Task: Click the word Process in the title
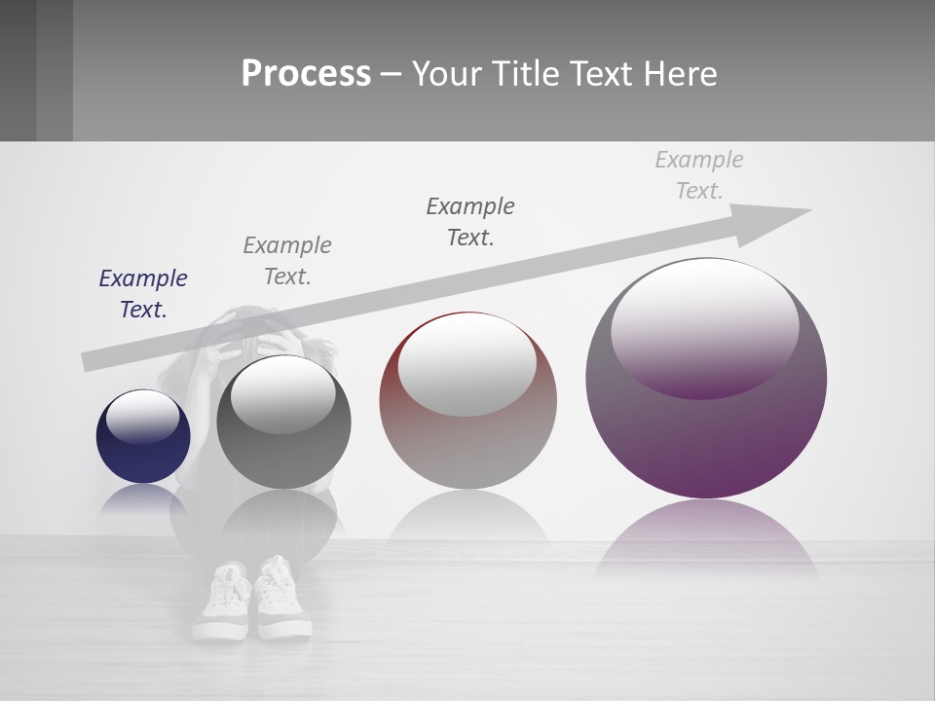point(306,74)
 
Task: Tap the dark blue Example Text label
point(143,294)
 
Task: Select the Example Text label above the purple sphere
point(699,174)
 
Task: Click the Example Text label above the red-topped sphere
point(470,221)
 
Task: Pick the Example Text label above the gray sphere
point(287,260)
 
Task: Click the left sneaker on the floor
point(224,604)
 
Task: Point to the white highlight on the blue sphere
point(142,417)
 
